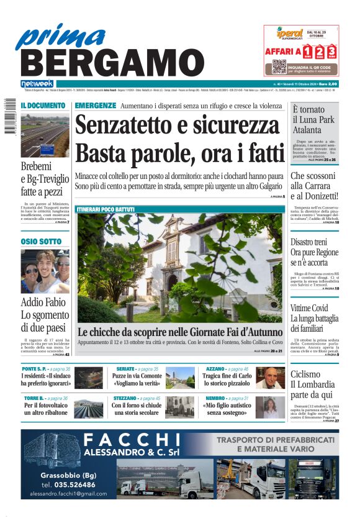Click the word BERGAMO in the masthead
[x=107, y=63]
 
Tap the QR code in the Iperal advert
[x=279, y=67]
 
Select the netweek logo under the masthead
[x=37, y=83]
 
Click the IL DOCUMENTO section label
[x=43, y=106]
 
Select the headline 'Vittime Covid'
[x=309, y=308]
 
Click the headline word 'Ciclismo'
[x=305, y=375]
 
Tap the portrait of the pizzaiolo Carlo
[x=271, y=378]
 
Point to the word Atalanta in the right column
[x=311, y=130]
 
